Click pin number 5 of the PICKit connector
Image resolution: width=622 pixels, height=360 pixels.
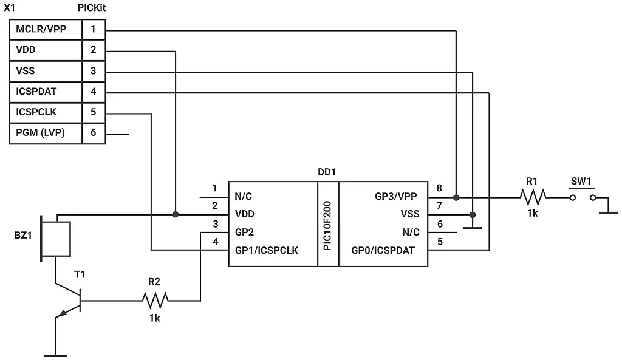click(x=93, y=112)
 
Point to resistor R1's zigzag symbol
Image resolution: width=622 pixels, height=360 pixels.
click(x=533, y=197)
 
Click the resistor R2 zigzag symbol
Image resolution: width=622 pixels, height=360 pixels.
click(x=155, y=299)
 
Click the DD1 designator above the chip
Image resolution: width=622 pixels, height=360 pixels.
click(x=327, y=172)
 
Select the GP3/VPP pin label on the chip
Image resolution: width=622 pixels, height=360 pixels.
click(x=396, y=197)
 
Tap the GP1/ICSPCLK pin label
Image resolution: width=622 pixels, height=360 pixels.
click(x=266, y=250)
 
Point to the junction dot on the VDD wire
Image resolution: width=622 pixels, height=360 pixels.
click(x=176, y=214)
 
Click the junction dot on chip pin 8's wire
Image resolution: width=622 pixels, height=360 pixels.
click(x=456, y=197)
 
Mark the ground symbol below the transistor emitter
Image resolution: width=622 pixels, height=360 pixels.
click(x=55, y=354)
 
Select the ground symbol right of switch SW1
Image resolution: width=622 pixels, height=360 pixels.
click(x=608, y=211)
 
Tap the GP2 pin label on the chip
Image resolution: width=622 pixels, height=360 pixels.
click(x=244, y=232)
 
